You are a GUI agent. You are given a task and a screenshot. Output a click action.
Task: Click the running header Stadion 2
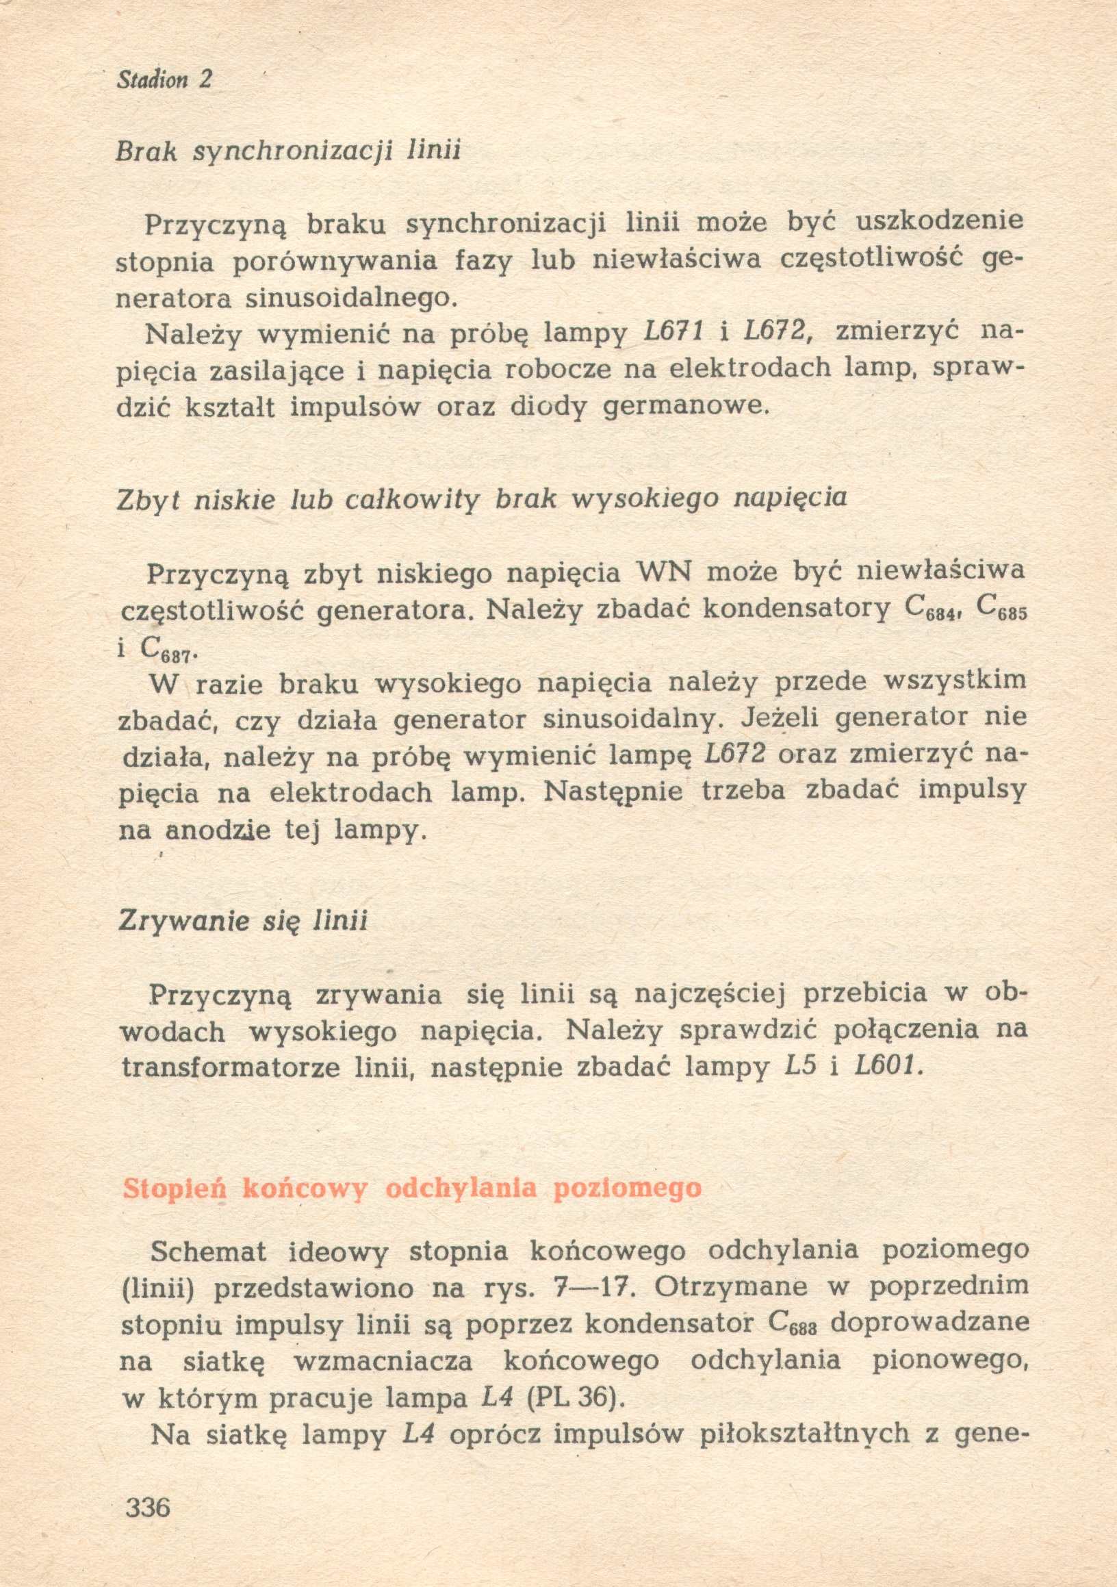(164, 80)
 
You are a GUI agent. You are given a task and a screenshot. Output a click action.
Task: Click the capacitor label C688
(793, 1322)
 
